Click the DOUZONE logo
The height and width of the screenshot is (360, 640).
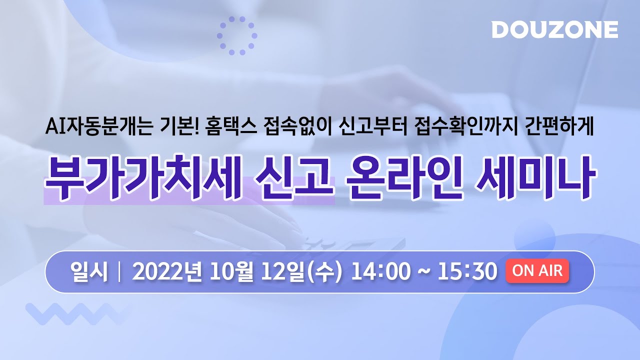tap(554, 29)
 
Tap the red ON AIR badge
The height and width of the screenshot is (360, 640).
tap(537, 271)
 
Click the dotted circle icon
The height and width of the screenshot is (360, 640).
tap(237, 35)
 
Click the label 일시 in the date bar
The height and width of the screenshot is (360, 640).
tap(89, 272)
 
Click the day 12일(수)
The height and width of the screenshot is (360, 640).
tap(298, 272)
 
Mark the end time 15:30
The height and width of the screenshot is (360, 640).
tap(467, 272)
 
